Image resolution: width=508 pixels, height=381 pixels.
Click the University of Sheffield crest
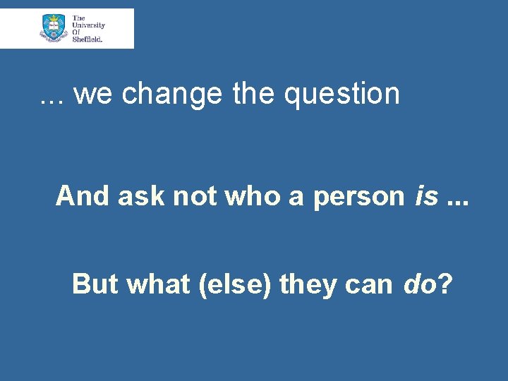click(54, 28)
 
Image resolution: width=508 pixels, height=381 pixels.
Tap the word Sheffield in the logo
click(87, 40)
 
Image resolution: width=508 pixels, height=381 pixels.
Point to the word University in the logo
click(88, 25)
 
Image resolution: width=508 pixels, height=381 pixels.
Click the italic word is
click(428, 196)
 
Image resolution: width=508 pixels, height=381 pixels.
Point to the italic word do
click(418, 284)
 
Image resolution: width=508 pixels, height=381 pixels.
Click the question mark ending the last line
click(445, 284)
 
